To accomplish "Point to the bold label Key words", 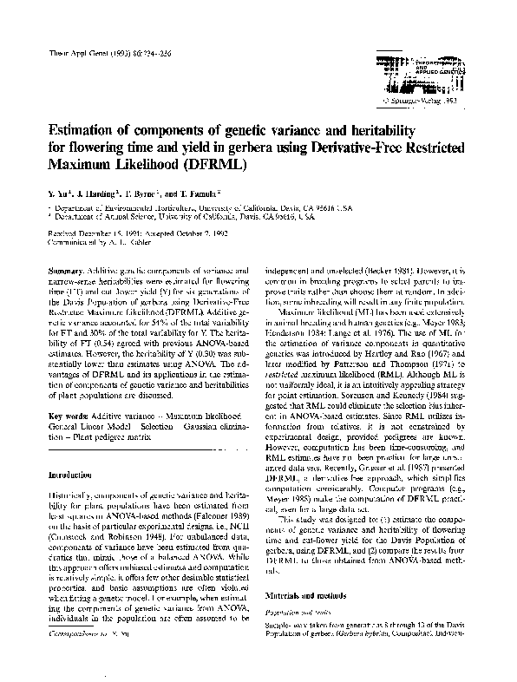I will pos(70,416).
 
